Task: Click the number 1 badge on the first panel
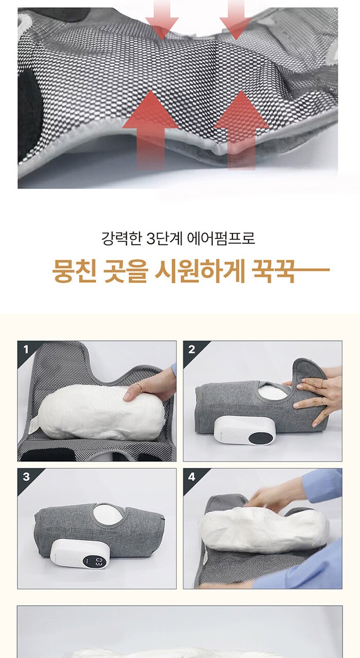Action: coord(26,350)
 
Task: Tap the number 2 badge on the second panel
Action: coord(192,350)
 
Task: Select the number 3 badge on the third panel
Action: coord(26,477)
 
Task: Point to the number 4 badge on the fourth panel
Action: coord(192,477)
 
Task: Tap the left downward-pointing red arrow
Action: coord(162,19)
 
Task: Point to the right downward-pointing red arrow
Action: coord(236,19)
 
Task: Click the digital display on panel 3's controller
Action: coord(94,562)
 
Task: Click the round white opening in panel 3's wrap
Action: coord(108,514)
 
